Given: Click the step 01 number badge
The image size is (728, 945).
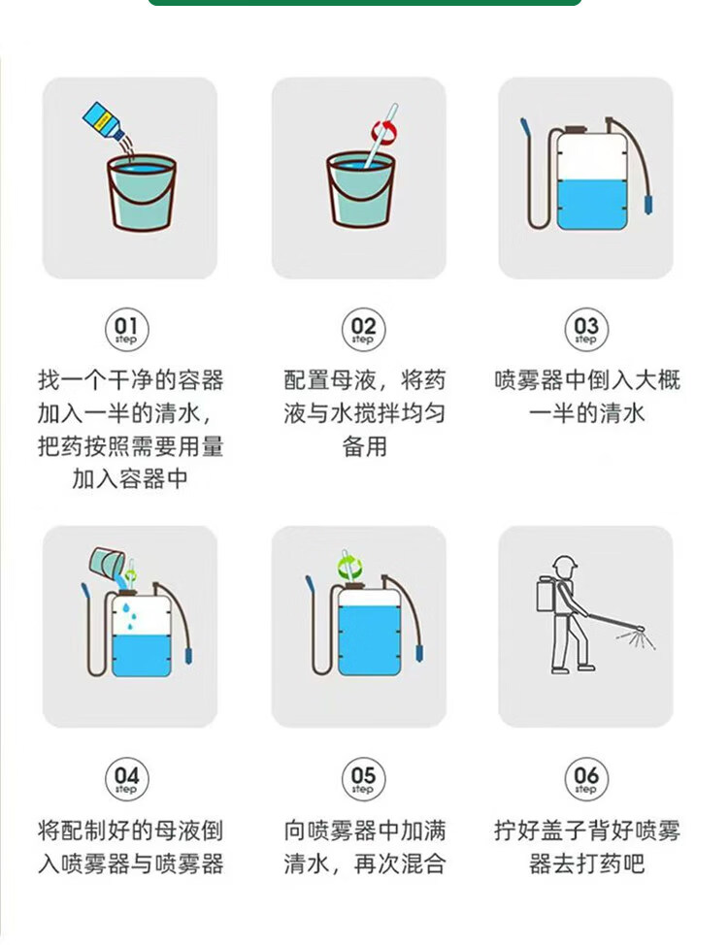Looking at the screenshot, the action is coord(126,330).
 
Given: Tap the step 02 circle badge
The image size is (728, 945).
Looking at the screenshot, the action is coord(363,330).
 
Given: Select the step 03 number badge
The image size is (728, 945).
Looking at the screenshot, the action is coord(585,330).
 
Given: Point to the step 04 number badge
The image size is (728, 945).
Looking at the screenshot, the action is coord(126,779).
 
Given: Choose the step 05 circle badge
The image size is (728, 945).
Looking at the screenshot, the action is coord(363,779).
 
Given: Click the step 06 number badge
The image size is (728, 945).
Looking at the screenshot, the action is coord(585,779).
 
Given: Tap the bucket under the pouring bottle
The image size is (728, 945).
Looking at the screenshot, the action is coord(142,193).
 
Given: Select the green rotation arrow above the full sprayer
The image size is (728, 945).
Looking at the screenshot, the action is coord(349,567).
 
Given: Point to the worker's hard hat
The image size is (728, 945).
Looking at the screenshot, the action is coord(565,564).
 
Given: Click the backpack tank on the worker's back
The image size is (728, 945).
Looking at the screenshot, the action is coord(546,595).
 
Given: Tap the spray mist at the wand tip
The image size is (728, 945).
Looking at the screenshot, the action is coord(637,637).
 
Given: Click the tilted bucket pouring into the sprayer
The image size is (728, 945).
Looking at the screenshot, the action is coord(107,563).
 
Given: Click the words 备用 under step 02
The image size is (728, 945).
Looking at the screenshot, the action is coord(364,447).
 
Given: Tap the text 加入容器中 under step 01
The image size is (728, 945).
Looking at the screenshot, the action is coord(130,479).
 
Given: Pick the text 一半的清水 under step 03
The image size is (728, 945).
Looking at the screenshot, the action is coord(586,414).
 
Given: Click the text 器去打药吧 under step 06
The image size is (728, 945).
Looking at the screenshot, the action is coord(586,864).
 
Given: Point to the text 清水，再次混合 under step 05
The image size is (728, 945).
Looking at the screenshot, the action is coord(364,864).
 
